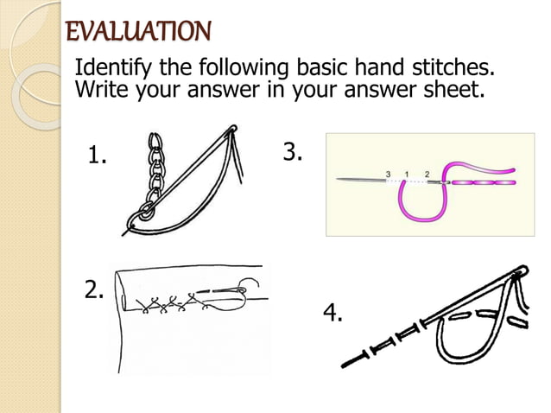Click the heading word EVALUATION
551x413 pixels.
coord(138,32)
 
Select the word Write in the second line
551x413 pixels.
coord(100,89)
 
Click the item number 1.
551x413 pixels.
coord(98,156)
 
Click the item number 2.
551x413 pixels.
coord(94,290)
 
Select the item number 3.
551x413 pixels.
coord(293,153)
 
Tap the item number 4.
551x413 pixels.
coord(332,313)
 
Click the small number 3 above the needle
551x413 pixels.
coord(389,174)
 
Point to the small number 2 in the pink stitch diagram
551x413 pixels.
coord(427,174)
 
